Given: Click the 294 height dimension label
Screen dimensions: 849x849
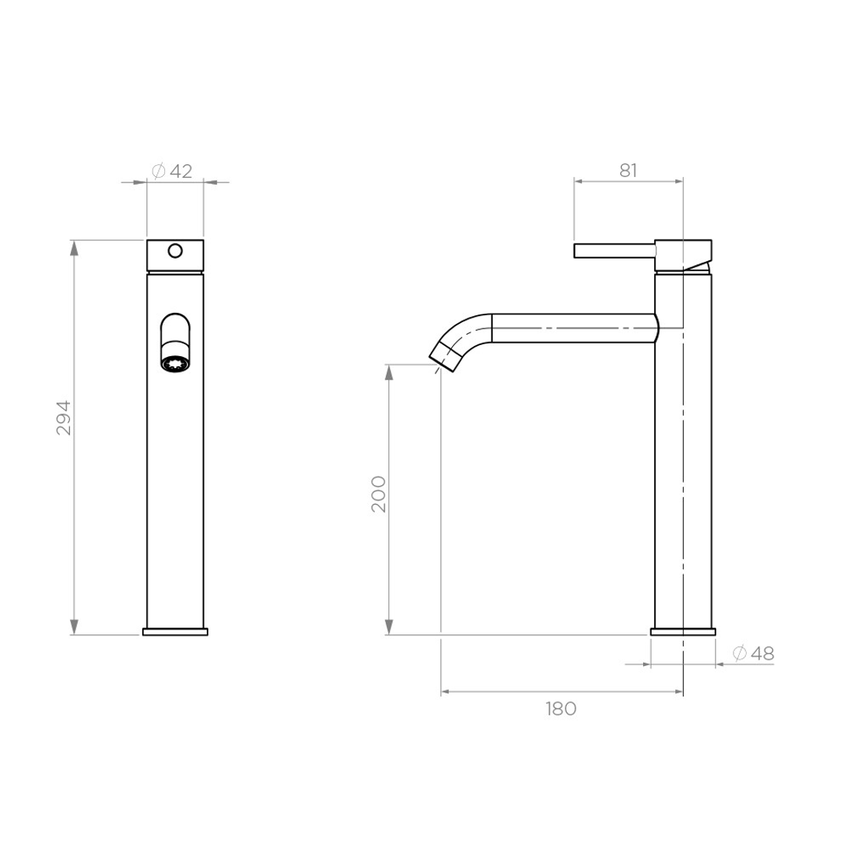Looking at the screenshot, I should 64,417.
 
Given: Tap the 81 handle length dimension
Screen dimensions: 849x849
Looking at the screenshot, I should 627,171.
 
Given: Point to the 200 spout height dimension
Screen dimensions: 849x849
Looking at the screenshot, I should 379,494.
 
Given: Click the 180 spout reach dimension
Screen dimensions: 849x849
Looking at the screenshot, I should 560,708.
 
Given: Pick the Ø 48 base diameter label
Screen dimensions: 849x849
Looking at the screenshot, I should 753,653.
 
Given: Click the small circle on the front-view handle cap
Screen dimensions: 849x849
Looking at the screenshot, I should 175,251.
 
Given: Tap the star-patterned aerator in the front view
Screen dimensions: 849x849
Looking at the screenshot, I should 175,364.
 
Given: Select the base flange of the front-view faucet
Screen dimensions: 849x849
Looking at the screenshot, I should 175,631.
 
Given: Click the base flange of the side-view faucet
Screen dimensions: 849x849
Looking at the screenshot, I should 683,631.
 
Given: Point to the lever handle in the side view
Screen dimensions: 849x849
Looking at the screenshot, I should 614,250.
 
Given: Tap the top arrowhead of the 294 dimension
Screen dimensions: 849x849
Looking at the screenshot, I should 75,247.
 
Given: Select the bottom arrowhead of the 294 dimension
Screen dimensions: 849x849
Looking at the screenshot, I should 75,627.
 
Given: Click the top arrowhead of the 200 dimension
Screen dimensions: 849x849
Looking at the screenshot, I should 388,372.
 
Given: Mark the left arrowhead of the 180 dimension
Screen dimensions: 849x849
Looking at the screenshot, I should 446,692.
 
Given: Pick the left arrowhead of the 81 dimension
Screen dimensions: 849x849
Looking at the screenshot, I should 579,181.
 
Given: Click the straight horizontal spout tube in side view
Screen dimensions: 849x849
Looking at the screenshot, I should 574,328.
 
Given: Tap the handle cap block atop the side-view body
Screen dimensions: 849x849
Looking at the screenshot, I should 683,254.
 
